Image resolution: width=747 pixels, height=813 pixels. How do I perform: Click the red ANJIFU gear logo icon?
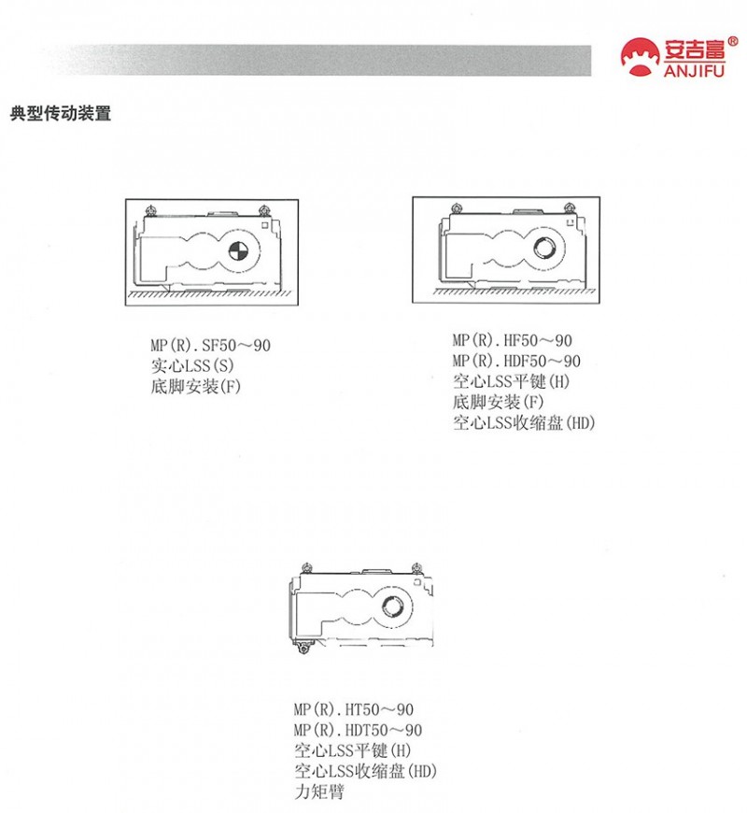click(x=641, y=57)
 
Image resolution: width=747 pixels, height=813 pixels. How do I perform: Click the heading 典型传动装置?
click(x=61, y=114)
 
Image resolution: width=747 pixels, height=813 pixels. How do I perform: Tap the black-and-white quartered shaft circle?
click(x=238, y=251)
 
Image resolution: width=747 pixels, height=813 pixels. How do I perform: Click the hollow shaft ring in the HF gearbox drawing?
click(x=544, y=248)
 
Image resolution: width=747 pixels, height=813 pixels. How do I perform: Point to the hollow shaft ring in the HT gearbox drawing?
click(x=392, y=606)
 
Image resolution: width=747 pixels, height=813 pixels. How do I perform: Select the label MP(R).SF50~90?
click(x=210, y=346)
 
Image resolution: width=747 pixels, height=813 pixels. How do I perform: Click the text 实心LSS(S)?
click(x=192, y=366)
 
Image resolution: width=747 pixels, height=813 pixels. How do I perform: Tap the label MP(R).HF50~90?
click(x=512, y=341)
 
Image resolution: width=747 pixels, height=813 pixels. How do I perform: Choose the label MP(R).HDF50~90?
click(x=516, y=361)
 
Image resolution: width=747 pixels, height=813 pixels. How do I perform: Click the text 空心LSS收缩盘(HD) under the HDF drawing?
click(x=524, y=423)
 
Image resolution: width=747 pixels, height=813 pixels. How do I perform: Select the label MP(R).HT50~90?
click(x=353, y=709)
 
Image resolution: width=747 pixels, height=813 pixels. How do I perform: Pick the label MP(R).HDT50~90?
click(x=358, y=730)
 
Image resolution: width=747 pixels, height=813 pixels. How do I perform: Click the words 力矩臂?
click(x=319, y=792)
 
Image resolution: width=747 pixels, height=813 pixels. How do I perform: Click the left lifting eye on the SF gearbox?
click(x=151, y=210)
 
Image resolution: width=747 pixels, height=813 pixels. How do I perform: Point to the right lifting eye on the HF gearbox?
click(x=570, y=208)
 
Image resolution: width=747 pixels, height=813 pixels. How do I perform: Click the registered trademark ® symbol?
click(x=732, y=41)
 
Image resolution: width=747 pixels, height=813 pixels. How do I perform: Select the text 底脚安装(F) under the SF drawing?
click(x=196, y=387)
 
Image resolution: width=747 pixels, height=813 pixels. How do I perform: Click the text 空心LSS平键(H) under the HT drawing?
click(x=353, y=750)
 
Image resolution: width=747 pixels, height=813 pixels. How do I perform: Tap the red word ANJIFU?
click(x=694, y=70)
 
